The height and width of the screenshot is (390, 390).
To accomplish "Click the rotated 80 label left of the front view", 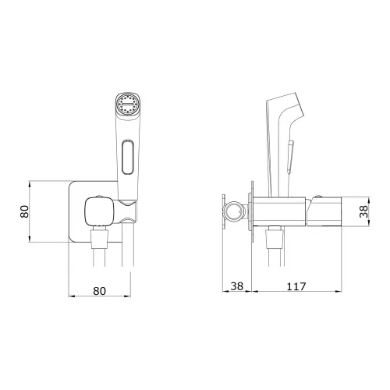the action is [x=24, y=211].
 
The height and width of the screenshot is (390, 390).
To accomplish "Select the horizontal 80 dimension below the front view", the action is [x=100, y=291].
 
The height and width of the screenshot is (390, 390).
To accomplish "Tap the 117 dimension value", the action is [x=296, y=286].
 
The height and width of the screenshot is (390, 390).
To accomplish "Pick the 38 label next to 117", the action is [x=237, y=286].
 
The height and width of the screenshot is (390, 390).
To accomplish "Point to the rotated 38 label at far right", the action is [x=363, y=211].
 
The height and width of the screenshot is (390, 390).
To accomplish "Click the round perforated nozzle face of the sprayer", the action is [x=126, y=105].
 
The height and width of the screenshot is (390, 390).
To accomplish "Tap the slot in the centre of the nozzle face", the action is [x=127, y=105].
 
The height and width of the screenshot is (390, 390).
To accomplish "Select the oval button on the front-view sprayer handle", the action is [x=128, y=157].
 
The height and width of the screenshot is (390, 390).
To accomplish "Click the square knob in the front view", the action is [x=99, y=211].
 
